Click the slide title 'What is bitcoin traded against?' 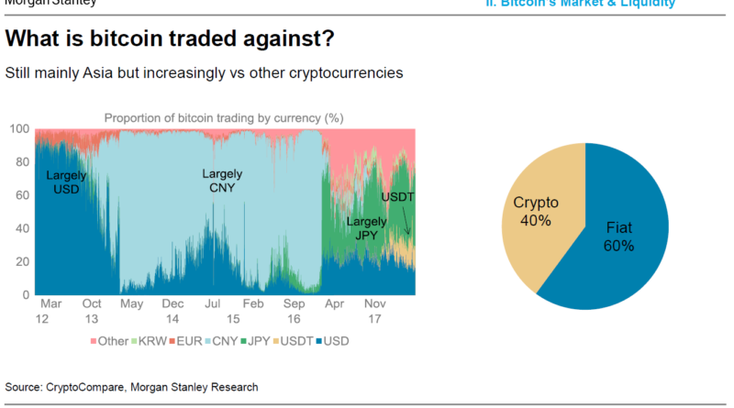(x=170, y=40)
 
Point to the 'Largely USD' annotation (x=66, y=181)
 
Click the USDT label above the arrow (x=397, y=196)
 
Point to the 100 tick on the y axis (x=19, y=129)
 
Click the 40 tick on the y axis (x=22, y=228)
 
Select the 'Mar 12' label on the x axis (x=50, y=309)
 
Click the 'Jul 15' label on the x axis (x=212, y=309)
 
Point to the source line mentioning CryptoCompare (x=131, y=387)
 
